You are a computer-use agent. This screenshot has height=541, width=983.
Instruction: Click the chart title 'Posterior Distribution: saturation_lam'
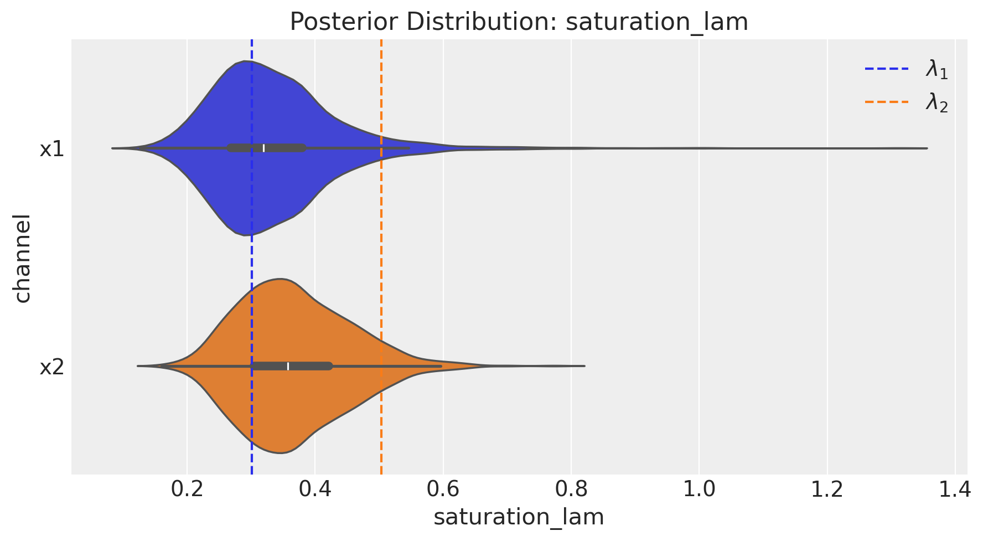pyautogui.click(x=519, y=22)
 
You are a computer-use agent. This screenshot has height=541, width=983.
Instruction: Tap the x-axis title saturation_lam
pyautogui.click(x=519, y=517)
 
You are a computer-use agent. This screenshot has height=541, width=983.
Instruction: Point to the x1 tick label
pyautogui.click(x=52, y=149)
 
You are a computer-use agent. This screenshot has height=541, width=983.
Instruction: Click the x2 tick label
pyautogui.click(x=52, y=367)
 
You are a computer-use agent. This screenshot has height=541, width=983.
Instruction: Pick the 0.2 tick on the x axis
pyautogui.click(x=187, y=490)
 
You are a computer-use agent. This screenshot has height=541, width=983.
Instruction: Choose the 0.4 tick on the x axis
pyautogui.click(x=315, y=490)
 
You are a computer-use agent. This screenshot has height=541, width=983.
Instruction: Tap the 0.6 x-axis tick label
pyautogui.click(x=443, y=490)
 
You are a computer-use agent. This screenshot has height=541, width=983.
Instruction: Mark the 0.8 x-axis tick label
pyautogui.click(x=571, y=490)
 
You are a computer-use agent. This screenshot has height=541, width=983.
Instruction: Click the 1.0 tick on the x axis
pyautogui.click(x=699, y=490)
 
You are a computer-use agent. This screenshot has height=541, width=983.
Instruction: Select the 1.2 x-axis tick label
pyautogui.click(x=827, y=490)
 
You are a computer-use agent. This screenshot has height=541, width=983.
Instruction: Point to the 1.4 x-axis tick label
pyautogui.click(x=955, y=490)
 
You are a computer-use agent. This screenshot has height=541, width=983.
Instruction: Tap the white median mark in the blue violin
pyautogui.click(x=264, y=148)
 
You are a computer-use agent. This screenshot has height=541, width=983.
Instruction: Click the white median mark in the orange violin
pyautogui.click(x=288, y=366)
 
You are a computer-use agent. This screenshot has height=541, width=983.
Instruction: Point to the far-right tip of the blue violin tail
pyautogui.click(x=926, y=148)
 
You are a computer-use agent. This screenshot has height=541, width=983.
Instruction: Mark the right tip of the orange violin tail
pyautogui.click(x=584, y=366)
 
